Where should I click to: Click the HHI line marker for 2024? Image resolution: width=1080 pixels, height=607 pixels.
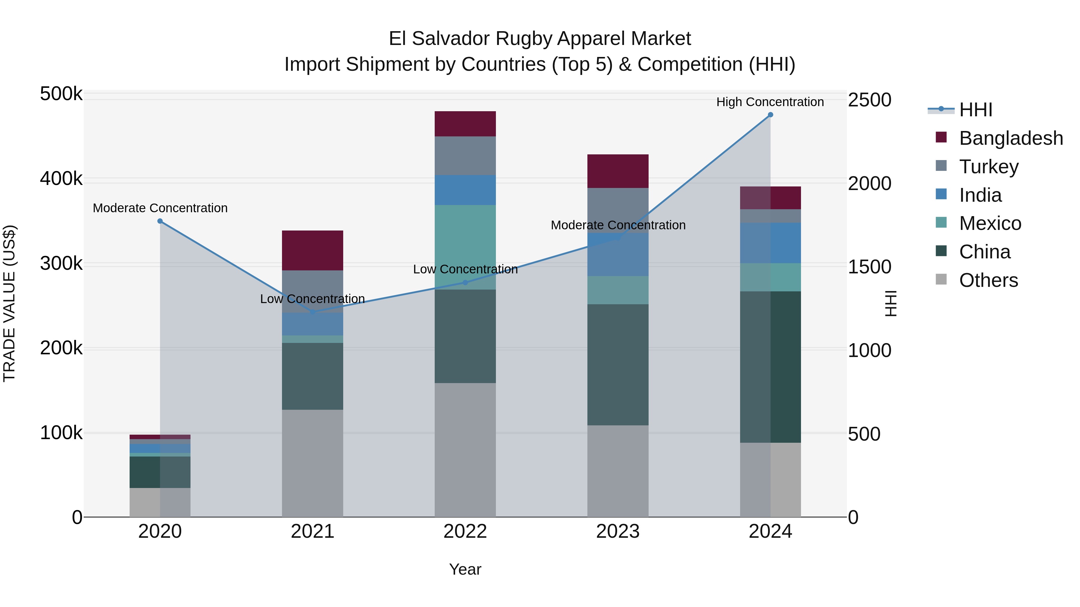pyautogui.click(x=770, y=115)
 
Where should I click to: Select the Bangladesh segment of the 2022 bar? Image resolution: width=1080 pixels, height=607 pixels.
pyautogui.click(x=465, y=124)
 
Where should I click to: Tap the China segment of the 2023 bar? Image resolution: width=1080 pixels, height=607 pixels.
pyautogui.click(x=618, y=364)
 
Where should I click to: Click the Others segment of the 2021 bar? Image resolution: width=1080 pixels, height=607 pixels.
pyautogui.click(x=312, y=463)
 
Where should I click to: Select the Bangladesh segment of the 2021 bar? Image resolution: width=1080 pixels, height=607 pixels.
pyautogui.click(x=312, y=251)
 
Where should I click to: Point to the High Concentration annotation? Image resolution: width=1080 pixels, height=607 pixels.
pyautogui.click(x=770, y=102)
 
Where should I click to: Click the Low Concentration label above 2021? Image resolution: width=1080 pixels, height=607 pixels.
pyautogui.click(x=312, y=299)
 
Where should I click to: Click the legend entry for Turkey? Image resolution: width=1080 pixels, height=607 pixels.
pyautogui.click(x=988, y=167)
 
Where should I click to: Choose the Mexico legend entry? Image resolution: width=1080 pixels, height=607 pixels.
pyautogui.click(x=990, y=223)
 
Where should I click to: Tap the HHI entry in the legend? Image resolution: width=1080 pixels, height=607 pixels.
pyautogui.click(x=976, y=110)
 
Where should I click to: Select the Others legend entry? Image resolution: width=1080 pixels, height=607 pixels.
pyautogui.click(x=988, y=280)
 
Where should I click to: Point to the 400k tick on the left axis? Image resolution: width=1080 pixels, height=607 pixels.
pyautogui.click(x=61, y=179)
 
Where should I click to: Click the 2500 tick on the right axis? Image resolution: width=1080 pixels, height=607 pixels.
pyautogui.click(x=869, y=100)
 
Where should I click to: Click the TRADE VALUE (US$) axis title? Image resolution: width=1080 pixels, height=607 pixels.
pyautogui.click(x=9, y=303)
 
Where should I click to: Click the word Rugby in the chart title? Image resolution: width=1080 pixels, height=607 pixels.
pyautogui.click(x=523, y=39)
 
